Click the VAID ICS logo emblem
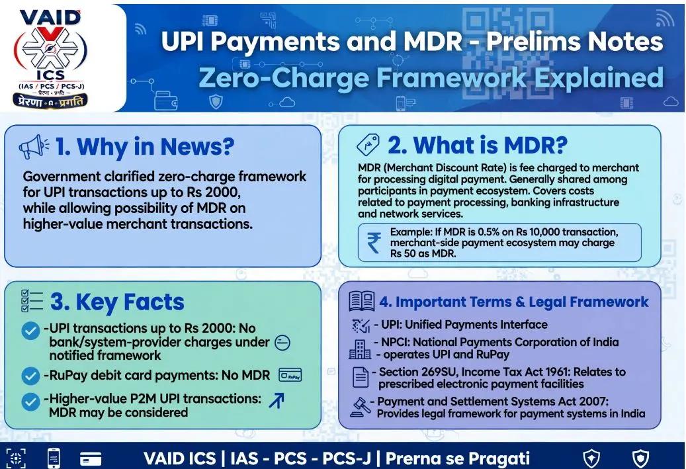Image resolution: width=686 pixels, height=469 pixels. (50, 60)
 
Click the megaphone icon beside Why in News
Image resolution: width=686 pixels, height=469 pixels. (34, 147)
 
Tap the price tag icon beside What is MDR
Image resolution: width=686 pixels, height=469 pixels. (368, 145)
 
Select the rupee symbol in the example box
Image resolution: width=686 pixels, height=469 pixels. (374, 243)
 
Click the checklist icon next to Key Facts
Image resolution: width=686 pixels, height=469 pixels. (32, 301)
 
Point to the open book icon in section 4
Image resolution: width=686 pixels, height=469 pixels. (361, 301)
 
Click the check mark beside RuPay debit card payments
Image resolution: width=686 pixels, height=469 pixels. (30, 375)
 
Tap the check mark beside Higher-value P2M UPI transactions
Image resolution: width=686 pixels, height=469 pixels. (30, 402)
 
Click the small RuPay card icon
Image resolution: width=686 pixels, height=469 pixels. (290, 375)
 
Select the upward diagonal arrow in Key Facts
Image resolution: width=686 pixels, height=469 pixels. (277, 400)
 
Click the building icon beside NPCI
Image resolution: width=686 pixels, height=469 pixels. (360, 349)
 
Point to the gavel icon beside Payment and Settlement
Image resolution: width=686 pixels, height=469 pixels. (361, 407)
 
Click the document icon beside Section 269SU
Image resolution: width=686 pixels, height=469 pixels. (361, 377)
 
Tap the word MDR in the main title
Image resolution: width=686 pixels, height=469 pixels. (433, 42)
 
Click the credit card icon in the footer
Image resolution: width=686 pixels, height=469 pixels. (91, 458)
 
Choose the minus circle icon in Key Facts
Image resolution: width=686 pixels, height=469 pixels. (282, 343)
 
